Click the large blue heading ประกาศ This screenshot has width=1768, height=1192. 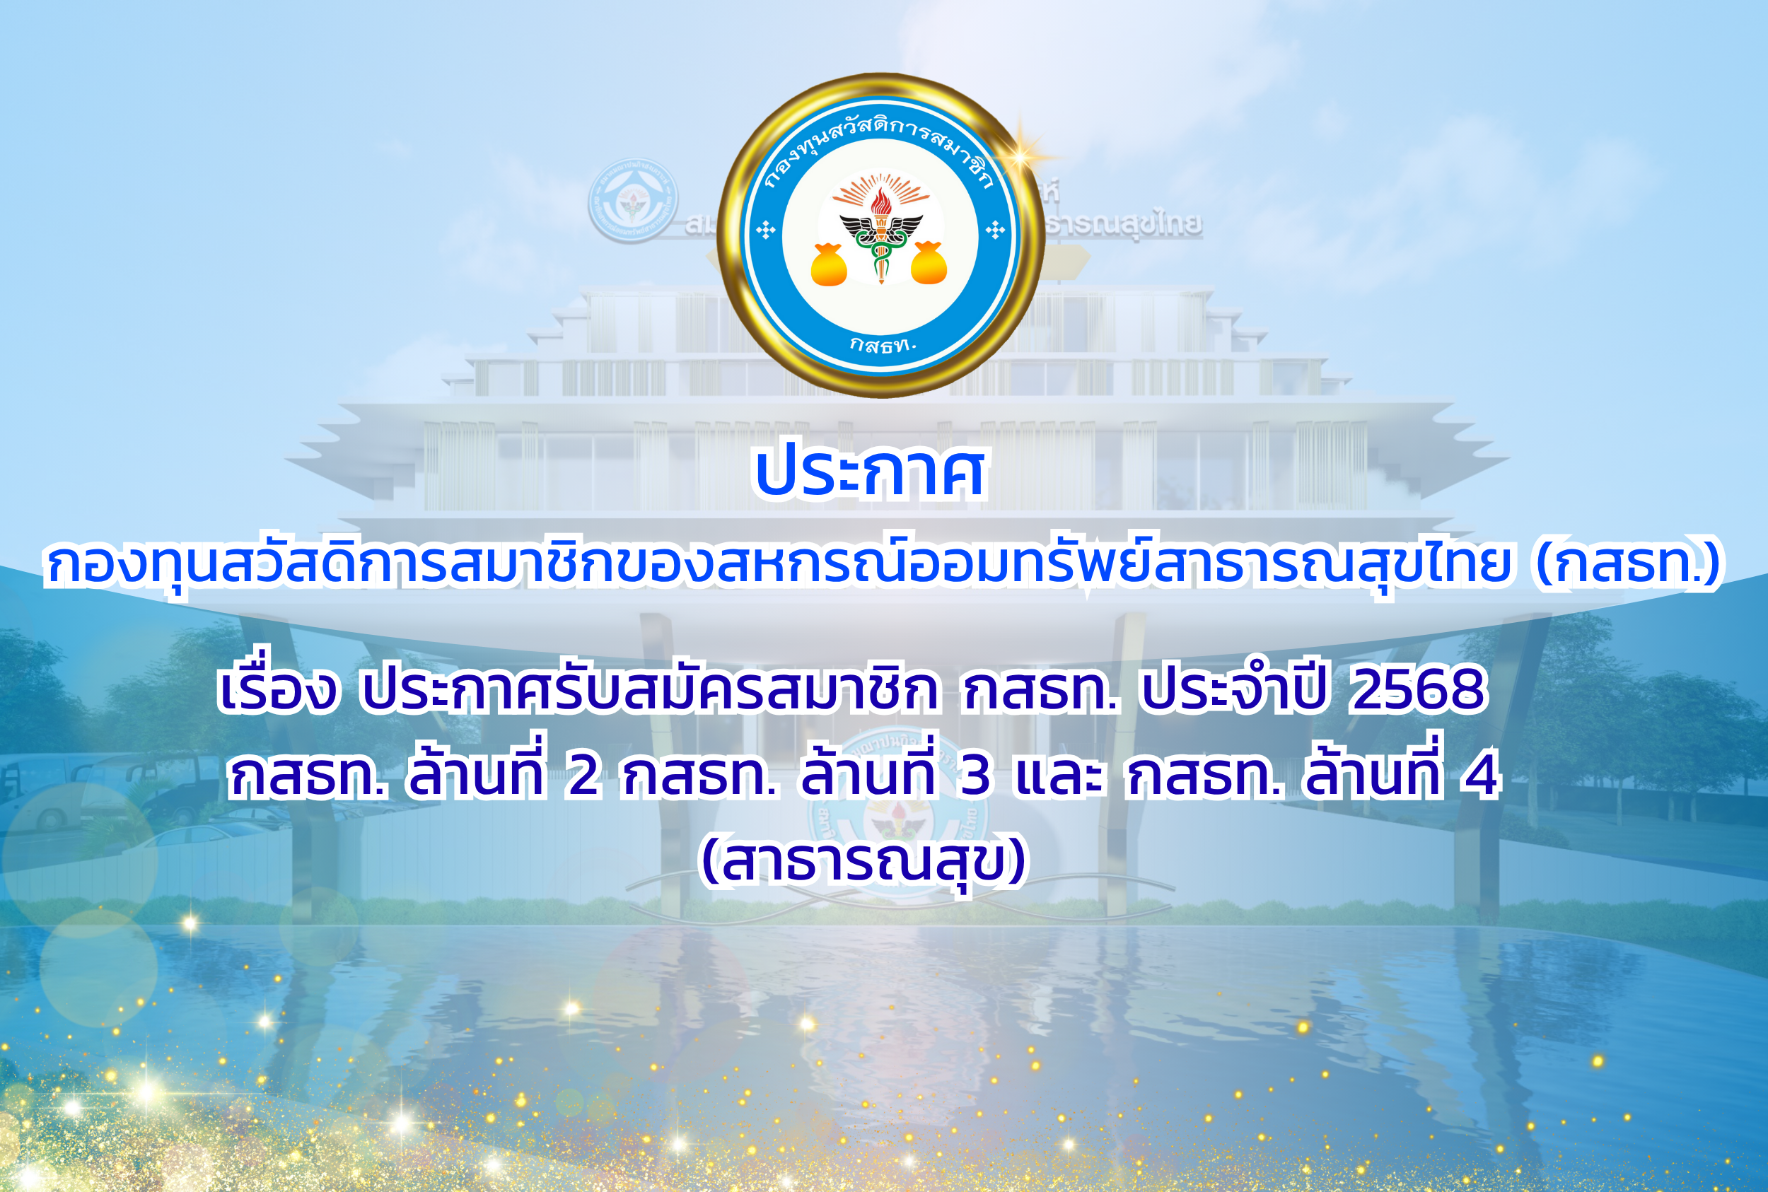(x=870, y=472)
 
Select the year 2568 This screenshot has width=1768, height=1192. (x=1417, y=689)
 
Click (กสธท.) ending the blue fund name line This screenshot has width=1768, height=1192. (x=1628, y=564)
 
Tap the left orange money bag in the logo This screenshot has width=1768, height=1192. (x=829, y=264)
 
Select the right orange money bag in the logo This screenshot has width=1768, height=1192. (x=929, y=262)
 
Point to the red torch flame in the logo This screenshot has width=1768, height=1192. (x=880, y=202)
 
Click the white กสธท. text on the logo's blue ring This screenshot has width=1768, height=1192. (x=883, y=345)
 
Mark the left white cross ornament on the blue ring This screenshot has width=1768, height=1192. (x=766, y=229)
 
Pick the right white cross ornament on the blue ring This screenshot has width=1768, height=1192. (x=994, y=229)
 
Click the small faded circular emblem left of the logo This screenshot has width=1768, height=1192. (x=634, y=201)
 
